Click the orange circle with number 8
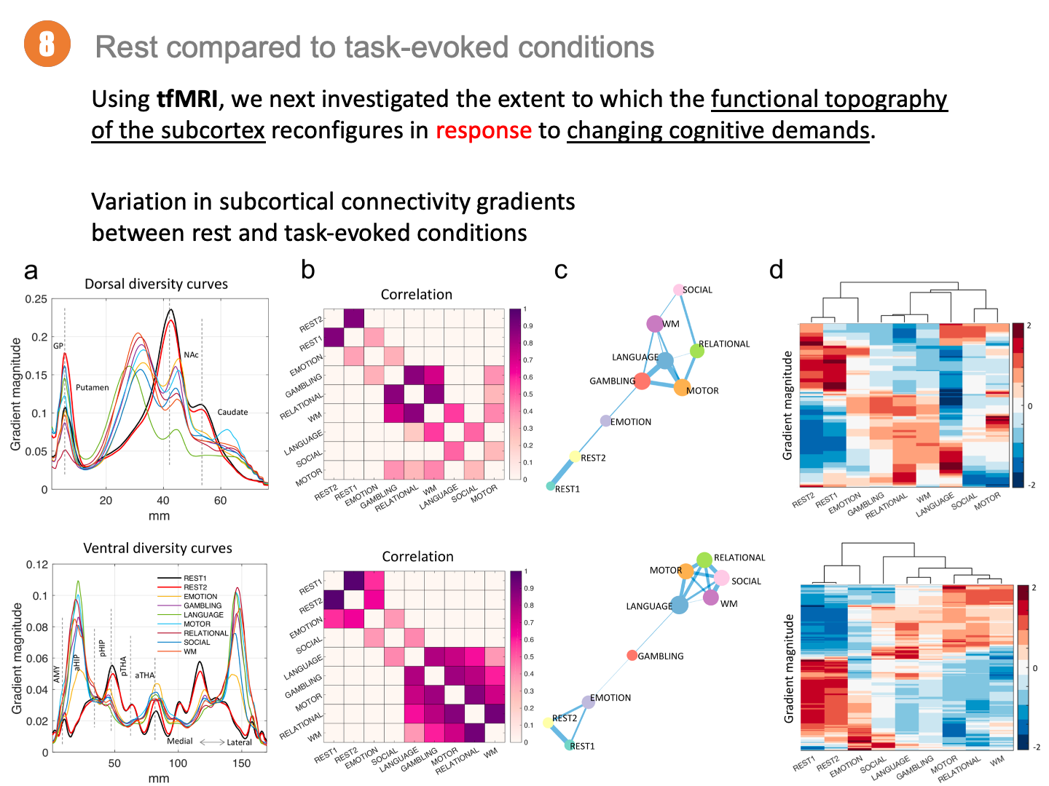click(47, 44)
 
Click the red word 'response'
click(483, 130)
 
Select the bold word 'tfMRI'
click(187, 99)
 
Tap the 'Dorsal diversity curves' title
click(156, 284)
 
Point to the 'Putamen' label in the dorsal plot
click(92, 387)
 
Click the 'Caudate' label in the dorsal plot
click(232, 412)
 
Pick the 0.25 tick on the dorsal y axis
click(36, 299)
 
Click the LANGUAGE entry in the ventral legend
click(203, 615)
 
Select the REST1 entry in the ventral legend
click(195, 579)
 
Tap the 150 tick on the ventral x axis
click(241, 763)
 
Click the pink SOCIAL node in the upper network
click(678, 290)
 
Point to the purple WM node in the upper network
click(655, 324)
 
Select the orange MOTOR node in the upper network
click(681, 388)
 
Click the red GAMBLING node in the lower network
click(632, 656)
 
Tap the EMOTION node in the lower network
click(589, 702)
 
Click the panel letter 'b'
click(307, 270)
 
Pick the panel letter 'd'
click(777, 270)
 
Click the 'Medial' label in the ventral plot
click(180, 741)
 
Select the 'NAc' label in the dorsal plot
click(191, 355)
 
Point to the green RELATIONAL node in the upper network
click(697, 351)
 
